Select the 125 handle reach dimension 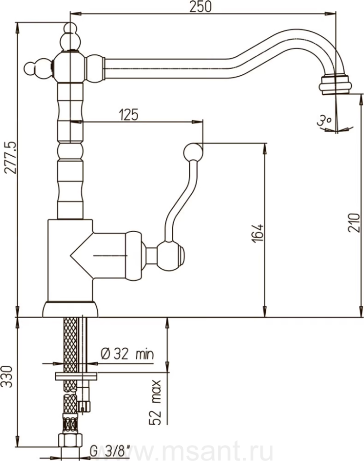tap(128, 115)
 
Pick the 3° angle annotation tap(325, 120)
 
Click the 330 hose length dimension tap(8, 376)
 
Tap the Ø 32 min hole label tap(127, 353)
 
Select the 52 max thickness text tap(155, 403)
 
